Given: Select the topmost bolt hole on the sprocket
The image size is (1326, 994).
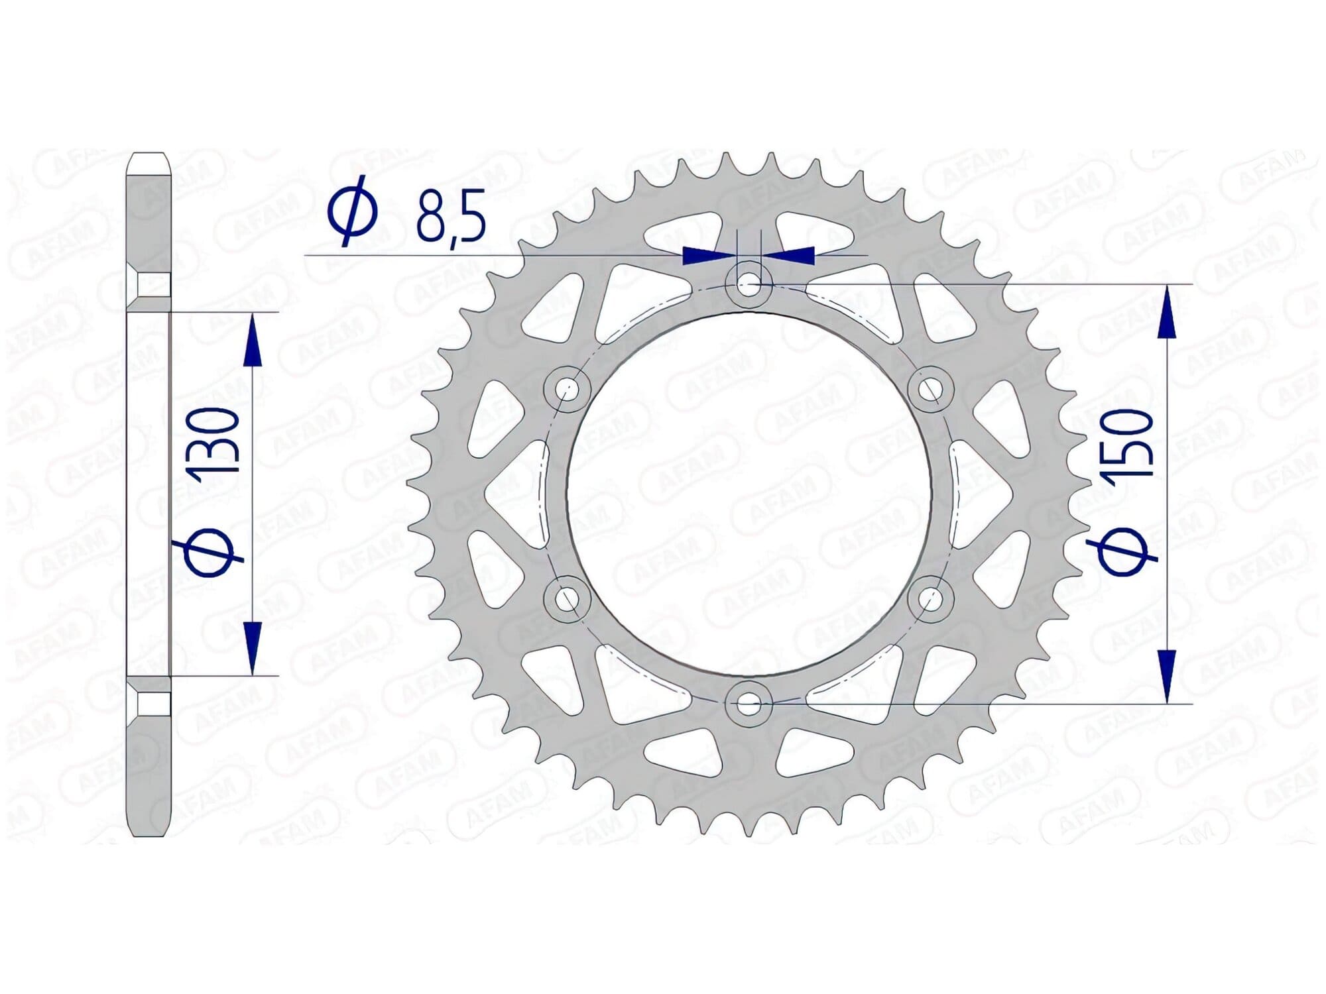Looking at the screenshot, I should coord(749,286).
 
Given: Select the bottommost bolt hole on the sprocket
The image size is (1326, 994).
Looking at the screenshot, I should coord(749,704).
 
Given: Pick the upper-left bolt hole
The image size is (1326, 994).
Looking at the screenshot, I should coord(566,388).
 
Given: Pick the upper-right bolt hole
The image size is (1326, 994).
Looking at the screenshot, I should coord(931,388).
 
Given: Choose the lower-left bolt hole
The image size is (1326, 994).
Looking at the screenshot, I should coord(566,600).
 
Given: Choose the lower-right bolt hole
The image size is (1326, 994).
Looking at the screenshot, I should coord(931,600).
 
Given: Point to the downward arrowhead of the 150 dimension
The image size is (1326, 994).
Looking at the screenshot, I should coord(1167,676).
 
